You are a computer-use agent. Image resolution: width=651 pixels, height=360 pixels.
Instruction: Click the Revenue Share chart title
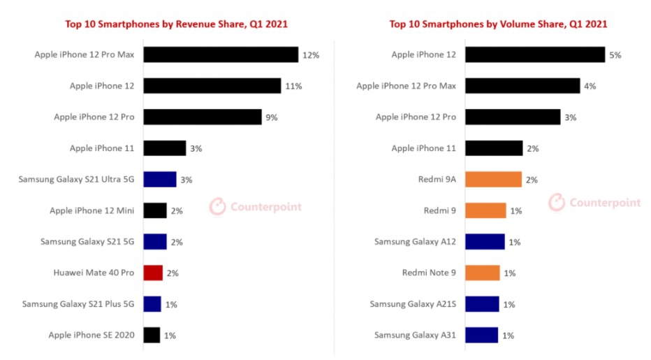click(176, 24)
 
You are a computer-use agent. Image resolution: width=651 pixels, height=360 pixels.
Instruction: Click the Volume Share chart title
click(498, 24)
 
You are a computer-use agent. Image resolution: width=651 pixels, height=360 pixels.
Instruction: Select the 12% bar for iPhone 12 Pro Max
click(221, 55)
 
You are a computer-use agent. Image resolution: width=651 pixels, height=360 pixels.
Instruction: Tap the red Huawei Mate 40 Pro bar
click(153, 273)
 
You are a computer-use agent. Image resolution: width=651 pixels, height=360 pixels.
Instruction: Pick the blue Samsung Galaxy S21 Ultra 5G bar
click(160, 180)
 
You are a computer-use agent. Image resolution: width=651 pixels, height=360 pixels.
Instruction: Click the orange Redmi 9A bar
click(493, 180)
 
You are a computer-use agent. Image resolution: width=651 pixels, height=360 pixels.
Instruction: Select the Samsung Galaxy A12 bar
click(485, 242)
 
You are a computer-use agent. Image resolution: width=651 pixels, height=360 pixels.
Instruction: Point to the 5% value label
click(615, 55)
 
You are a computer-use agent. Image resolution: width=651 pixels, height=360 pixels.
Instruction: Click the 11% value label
click(293, 86)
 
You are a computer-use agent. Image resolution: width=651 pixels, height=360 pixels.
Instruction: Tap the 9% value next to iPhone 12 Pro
click(271, 117)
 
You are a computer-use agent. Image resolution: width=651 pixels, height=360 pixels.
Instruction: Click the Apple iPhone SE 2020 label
click(91, 336)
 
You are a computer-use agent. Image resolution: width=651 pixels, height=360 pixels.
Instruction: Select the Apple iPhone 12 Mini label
click(92, 210)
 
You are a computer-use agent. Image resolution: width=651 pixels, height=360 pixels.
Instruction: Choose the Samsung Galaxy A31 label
click(415, 336)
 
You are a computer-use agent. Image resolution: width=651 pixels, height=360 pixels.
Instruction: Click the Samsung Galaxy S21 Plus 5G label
click(78, 304)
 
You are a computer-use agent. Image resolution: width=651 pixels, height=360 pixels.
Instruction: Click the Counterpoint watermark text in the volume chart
click(605, 203)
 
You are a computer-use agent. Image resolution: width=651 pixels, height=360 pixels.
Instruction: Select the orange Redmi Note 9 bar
click(482, 273)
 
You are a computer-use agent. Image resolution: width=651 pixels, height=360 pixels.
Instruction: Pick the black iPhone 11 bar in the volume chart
click(494, 148)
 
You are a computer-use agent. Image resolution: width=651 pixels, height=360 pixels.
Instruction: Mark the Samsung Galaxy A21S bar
click(482, 304)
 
